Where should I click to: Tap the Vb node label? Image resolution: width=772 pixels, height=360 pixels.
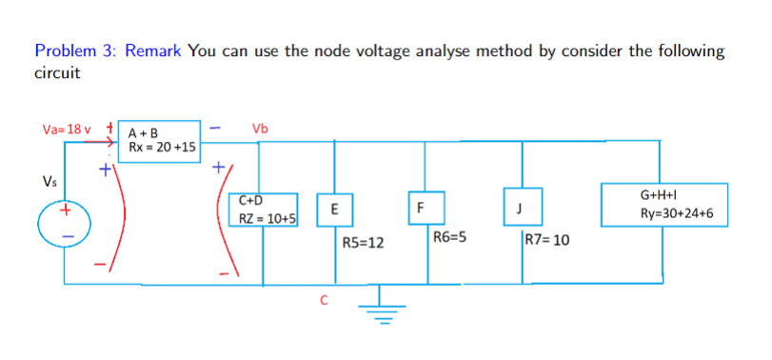coord(260,129)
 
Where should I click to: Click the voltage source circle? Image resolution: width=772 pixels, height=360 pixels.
coord(65,219)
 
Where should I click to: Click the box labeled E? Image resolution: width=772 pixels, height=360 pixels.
coord(333,210)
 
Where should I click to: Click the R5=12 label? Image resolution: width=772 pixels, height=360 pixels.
coord(362,243)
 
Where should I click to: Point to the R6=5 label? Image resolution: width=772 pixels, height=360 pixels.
coord(448,237)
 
